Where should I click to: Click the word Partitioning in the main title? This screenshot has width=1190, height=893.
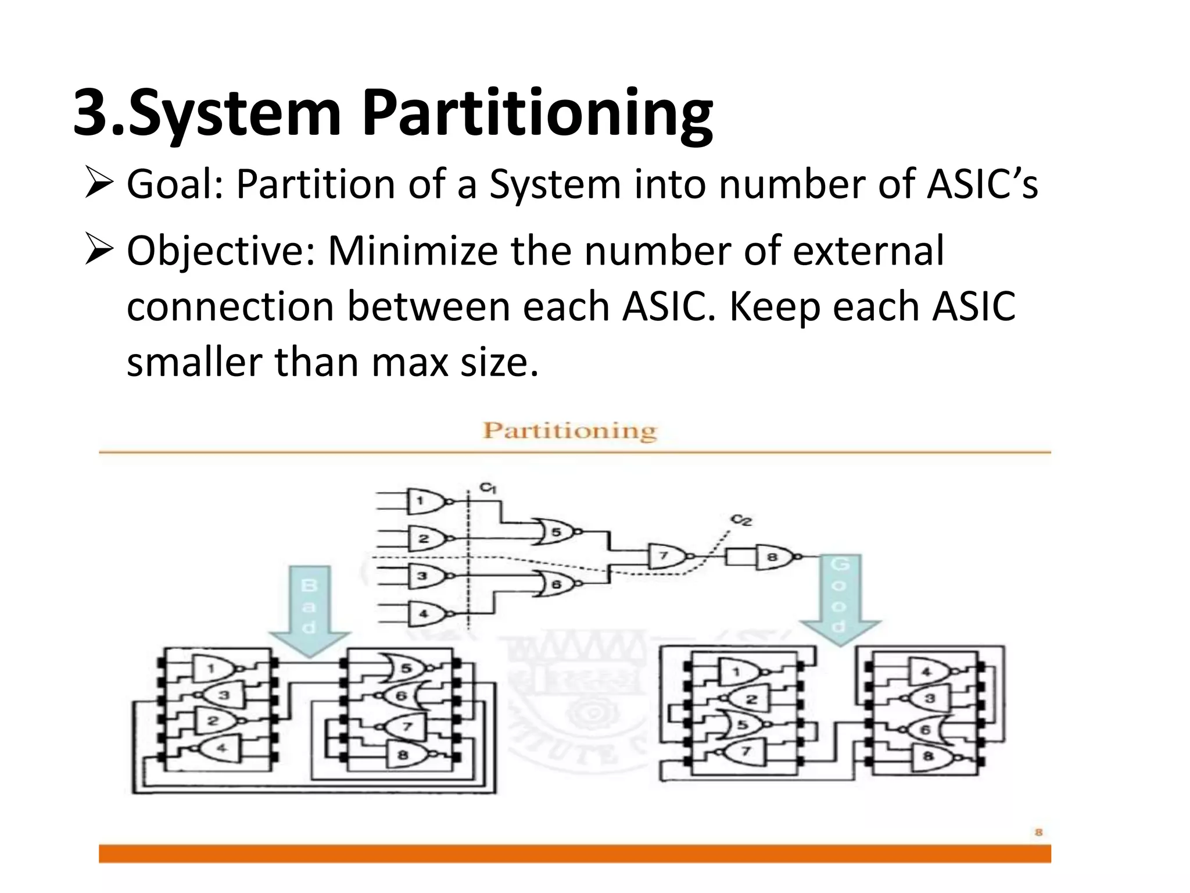pyautogui.click(x=537, y=113)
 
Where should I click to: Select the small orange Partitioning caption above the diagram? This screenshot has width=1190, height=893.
pyautogui.click(x=569, y=431)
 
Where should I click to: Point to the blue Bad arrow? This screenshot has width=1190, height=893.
pyautogui.click(x=309, y=610)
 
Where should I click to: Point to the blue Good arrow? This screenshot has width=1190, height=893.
pyautogui.click(x=840, y=599)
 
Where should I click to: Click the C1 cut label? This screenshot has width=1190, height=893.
pyautogui.click(x=488, y=487)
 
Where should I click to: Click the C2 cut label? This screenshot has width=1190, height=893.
pyautogui.click(x=741, y=519)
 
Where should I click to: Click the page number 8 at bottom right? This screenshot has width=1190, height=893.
pyautogui.click(x=1038, y=832)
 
